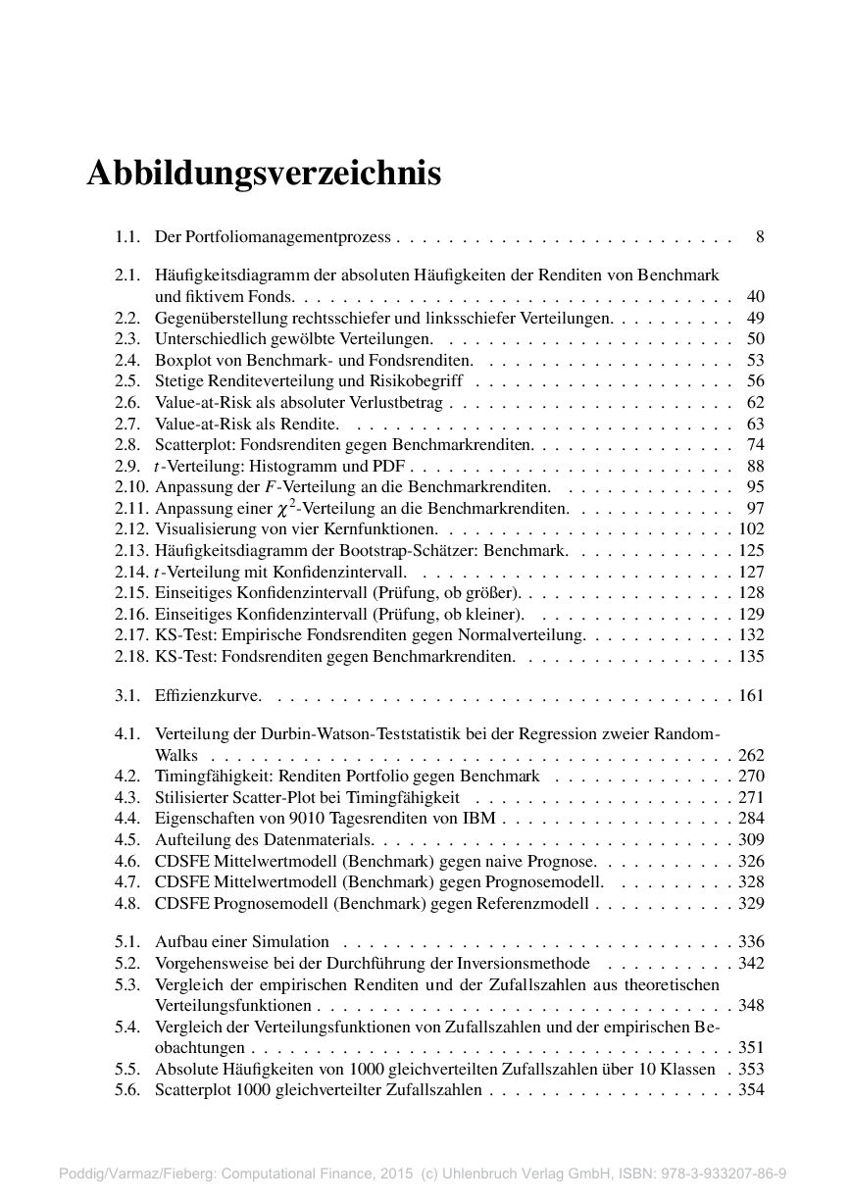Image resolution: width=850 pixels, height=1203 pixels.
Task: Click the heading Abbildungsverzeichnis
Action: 264,174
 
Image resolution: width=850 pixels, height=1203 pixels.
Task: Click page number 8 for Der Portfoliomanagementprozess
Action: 760,236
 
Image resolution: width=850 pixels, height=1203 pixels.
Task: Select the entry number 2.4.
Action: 127,360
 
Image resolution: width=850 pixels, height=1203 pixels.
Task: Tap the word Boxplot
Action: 179,360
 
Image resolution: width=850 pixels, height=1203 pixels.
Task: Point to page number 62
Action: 755,402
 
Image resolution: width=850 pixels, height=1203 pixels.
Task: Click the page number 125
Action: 751,550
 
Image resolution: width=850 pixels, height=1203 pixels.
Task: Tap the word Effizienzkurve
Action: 208,696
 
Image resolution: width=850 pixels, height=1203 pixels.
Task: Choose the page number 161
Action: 751,696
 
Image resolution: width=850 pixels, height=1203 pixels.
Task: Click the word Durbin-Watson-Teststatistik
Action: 334,734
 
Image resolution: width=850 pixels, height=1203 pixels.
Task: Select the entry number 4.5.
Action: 127,839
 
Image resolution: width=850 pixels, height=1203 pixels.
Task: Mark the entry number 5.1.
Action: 127,941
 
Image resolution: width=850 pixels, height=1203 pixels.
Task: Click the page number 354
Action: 751,1089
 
